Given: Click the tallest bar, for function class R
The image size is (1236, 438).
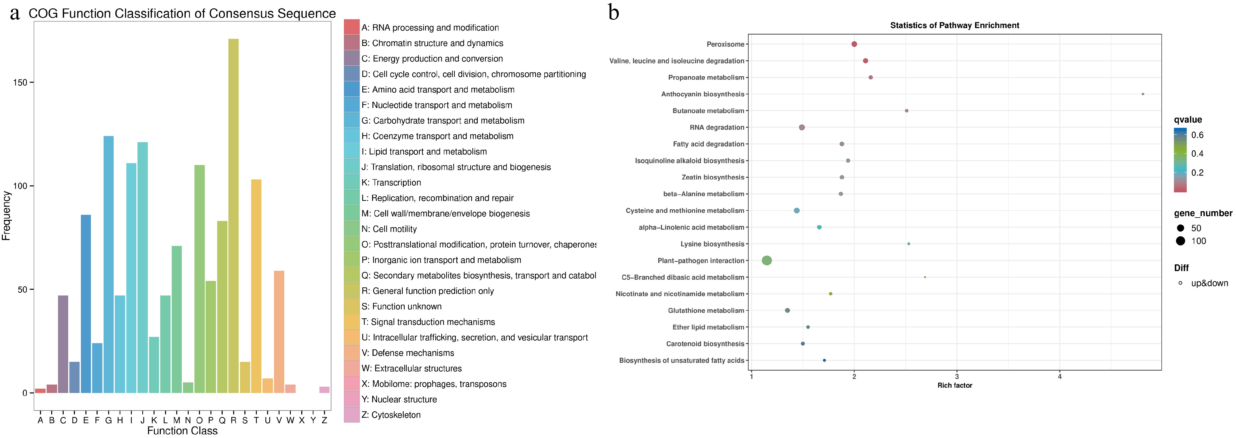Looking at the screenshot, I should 233,216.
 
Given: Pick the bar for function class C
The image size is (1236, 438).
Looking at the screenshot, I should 63,344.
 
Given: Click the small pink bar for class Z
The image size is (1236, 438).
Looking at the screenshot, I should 324,390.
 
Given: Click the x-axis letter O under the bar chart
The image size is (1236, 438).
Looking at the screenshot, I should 199,420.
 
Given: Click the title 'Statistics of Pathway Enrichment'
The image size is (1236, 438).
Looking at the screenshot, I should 954,25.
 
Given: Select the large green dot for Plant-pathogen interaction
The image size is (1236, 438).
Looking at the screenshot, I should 767,261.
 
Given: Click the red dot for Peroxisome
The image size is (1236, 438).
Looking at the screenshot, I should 854,44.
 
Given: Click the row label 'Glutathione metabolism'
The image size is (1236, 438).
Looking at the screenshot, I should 706,311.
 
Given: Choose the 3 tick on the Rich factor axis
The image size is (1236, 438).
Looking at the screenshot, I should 957,377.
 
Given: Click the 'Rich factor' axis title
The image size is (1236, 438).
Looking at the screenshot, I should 954,385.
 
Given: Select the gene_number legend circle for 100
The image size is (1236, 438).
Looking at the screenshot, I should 1180,241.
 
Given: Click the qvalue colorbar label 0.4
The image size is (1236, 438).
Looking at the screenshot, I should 1197,154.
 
